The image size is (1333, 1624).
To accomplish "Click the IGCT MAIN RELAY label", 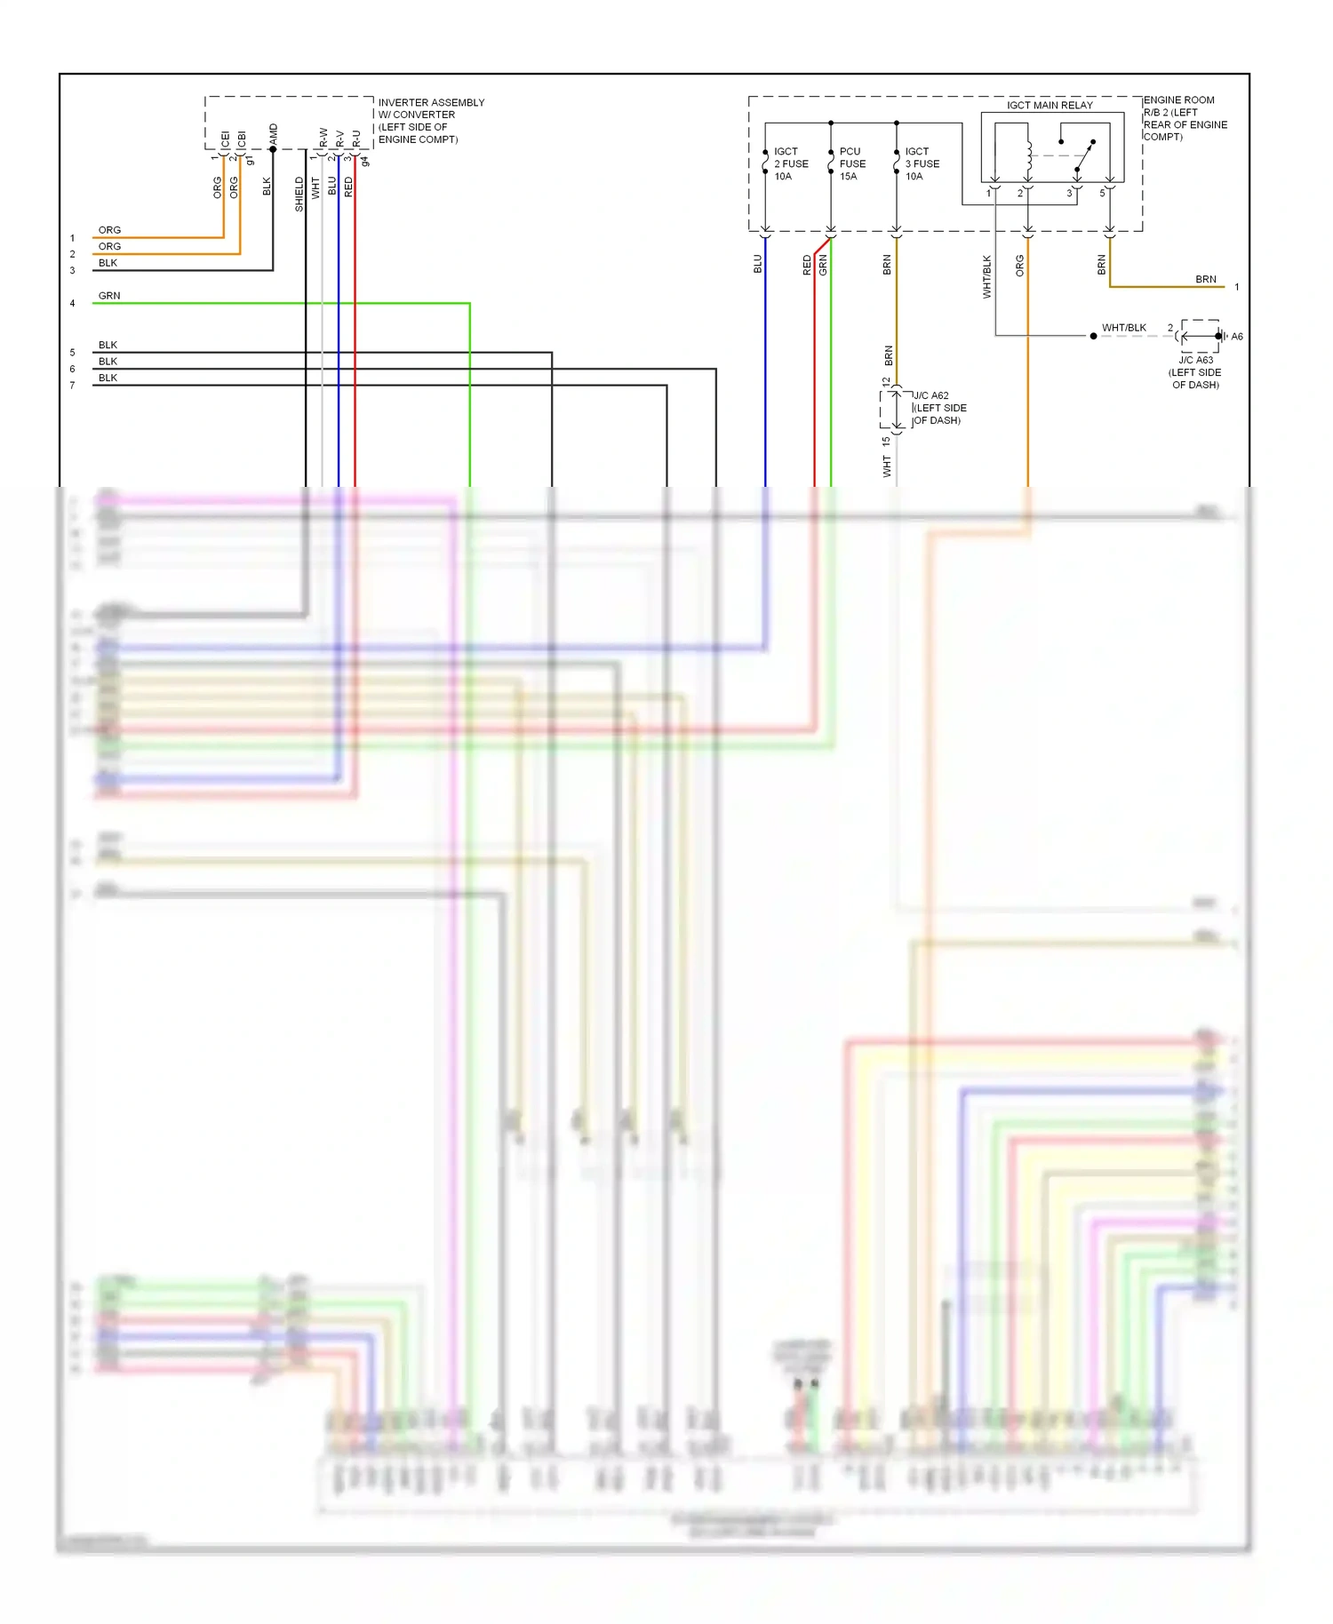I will pyautogui.click(x=1050, y=105).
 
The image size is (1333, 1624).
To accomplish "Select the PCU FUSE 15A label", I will pyautogui.click(x=851, y=163).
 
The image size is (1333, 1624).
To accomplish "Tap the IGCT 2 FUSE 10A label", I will pyautogui.click(x=790, y=163).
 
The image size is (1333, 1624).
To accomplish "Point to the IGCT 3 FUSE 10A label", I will pyautogui.click(x=921, y=163).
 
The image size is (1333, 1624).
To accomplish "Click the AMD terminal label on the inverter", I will pyautogui.click(x=274, y=135).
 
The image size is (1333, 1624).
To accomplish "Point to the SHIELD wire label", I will pyautogui.click(x=299, y=194).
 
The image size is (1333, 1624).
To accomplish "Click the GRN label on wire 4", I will pyautogui.click(x=109, y=296).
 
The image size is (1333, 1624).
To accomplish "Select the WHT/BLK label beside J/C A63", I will pyautogui.click(x=1123, y=328).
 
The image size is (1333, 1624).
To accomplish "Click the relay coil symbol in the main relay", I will pyautogui.click(x=1029, y=155).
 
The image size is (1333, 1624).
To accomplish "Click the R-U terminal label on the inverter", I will pyautogui.click(x=356, y=139).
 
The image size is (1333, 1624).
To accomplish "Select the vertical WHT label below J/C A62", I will pyautogui.click(x=887, y=466).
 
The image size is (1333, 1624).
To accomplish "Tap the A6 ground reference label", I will pyautogui.click(x=1236, y=337).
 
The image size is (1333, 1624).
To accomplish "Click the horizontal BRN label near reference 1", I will pyautogui.click(x=1205, y=279).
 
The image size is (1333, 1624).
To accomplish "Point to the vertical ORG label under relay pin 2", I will pyautogui.click(x=1019, y=265).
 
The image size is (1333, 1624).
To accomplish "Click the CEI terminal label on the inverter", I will pyautogui.click(x=225, y=139).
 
